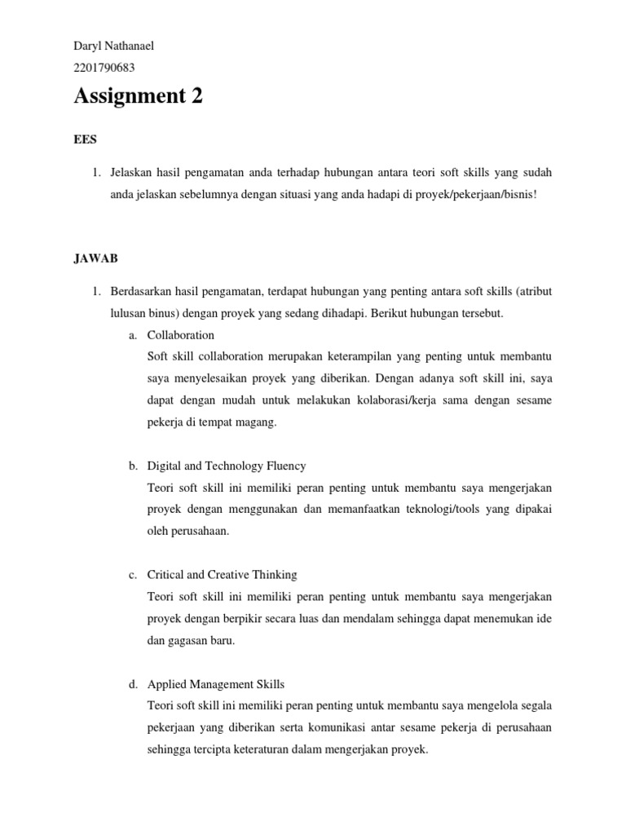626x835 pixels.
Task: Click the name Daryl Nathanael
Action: click(x=113, y=46)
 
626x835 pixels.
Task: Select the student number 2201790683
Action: click(x=104, y=68)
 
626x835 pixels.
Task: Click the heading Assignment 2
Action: click(x=138, y=97)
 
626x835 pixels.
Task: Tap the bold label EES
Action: click(x=85, y=139)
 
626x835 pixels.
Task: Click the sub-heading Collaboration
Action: click(x=180, y=335)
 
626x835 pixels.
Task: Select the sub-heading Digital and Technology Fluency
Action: click(x=227, y=466)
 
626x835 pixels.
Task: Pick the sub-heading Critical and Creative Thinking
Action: click(x=222, y=575)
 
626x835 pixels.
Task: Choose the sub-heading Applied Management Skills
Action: click(x=215, y=684)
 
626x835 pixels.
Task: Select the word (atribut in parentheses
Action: click(x=533, y=291)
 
